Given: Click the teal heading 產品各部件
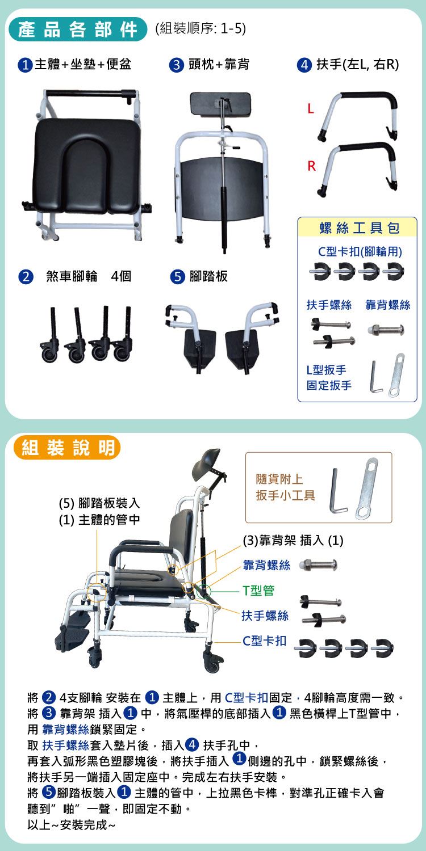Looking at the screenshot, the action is click(x=77, y=30).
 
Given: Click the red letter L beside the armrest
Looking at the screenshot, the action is click(x=311, y=109).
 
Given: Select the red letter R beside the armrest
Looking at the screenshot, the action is click(x=311, y=166).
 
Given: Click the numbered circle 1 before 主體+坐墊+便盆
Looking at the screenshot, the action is click(x=25, y=65).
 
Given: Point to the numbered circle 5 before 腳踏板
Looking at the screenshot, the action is click(x=177, y=277).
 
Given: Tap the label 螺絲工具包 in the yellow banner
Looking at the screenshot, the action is click(x=359, y=228).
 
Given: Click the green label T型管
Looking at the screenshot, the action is click(x=258, y=590).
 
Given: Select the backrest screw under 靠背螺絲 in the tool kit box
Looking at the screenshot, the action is click(x=386, y=330).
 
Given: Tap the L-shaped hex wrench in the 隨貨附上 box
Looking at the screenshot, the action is click(x=338, y=490).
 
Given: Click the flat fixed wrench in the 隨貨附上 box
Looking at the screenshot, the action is click(x=366, y=488).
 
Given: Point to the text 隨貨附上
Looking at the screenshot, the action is click(x=279, y=479).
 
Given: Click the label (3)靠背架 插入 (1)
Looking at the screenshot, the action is click(x=293, y=540).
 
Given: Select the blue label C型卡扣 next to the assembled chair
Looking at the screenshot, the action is click(x=264, y=641).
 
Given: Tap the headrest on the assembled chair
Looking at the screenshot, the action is click(x=208, y=461).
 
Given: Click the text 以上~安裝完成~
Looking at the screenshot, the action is click(x=71, y=824).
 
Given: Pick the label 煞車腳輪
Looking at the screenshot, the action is click(x=72, y=276).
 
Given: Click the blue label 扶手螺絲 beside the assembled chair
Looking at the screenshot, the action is click(x=265, y=616).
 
